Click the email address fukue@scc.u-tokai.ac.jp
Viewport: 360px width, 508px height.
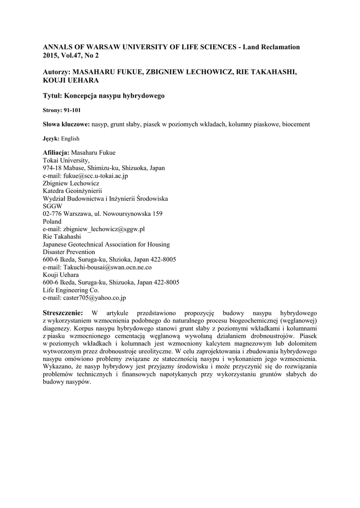click(95, 176)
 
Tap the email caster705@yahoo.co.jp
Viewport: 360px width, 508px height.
click(94, 298)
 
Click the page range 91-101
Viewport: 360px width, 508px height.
click(70, 110)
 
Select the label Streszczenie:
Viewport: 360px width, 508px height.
click(64, 313)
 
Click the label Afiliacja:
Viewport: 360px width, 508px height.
click(57, 152)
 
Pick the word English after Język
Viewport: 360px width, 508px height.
click(70, 138)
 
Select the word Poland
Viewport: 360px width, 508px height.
click(52, 221)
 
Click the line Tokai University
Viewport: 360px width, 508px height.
click(67, 160)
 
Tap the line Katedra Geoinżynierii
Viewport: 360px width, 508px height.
click(72, 191)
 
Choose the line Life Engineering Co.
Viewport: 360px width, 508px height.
click(71, 290)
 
